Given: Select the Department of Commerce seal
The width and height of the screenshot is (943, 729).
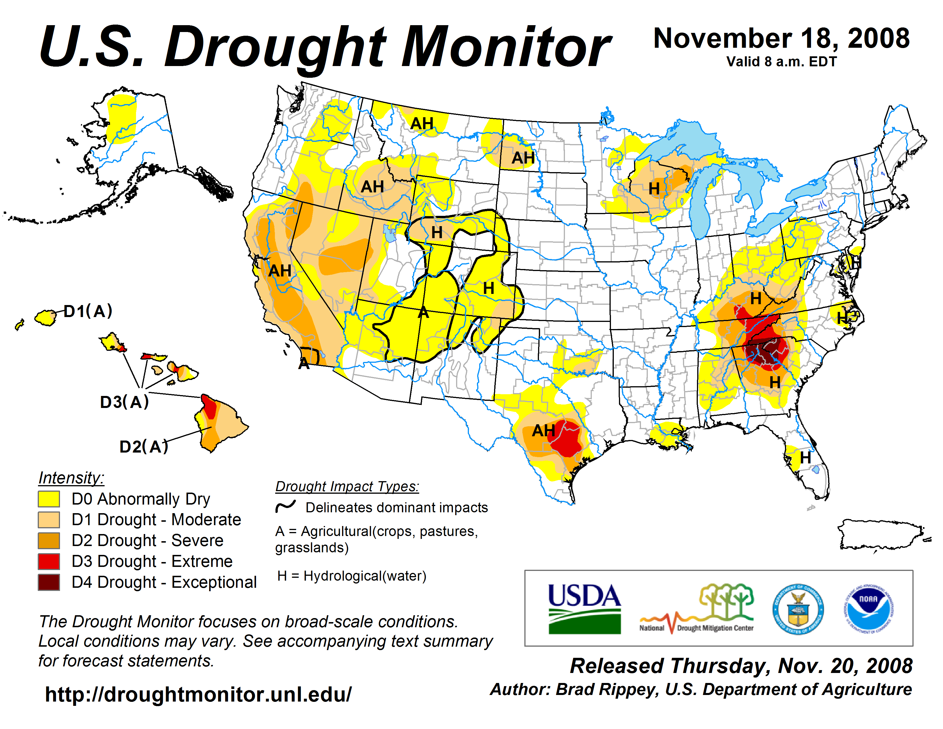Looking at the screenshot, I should coord(798,609).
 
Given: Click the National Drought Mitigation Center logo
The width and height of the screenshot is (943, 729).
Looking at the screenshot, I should coord(697,609).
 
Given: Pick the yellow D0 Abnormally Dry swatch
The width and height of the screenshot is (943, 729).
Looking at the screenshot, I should coord(49,499).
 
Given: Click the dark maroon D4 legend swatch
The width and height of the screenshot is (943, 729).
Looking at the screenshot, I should coord(49,582).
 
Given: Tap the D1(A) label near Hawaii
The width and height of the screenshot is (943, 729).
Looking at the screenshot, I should coord(88,311).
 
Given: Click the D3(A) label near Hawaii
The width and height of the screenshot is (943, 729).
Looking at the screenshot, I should coord(124,402).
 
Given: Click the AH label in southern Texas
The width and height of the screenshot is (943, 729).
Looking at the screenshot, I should coord(543,430).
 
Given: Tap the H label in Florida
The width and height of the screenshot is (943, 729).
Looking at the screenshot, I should coord(805,458).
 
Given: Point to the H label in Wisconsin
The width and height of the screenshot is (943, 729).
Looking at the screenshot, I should coord(654,188).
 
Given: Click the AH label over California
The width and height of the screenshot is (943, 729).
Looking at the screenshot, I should coord(280,271).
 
